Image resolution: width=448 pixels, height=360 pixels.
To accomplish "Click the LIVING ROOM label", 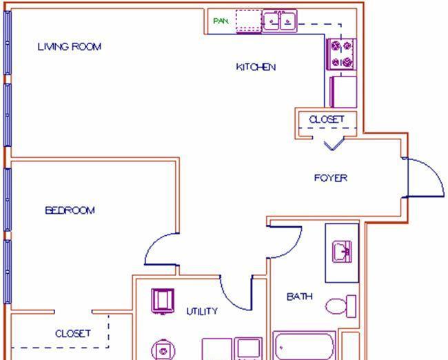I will tap(69, 47).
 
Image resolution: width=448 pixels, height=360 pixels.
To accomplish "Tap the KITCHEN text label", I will tap(256, 67).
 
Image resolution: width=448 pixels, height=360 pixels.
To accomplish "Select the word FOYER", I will tap(331, 178).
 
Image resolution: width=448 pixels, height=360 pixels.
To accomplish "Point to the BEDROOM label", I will tap(70, 210).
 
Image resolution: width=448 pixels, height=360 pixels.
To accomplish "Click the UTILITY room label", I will tap(202, 312).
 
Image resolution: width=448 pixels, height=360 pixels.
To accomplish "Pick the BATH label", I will tap(299, 297).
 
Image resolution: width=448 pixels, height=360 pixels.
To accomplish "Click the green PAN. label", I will tap(221, 21).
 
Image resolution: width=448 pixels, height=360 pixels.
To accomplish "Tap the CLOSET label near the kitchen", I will tap(326, 119).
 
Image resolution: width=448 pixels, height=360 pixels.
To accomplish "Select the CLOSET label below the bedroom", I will tap(72, 333).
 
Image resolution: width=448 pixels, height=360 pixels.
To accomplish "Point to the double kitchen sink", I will tap(279, 21).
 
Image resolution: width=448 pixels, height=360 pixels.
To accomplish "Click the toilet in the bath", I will tap(340, 306).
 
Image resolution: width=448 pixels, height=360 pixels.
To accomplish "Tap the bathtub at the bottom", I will tap(304, 345).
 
